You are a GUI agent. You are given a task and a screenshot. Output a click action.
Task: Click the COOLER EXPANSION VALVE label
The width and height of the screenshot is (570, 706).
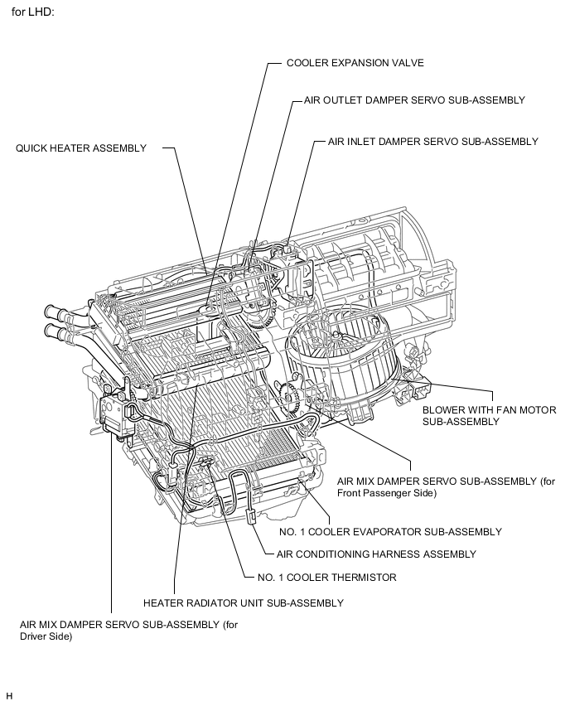344,63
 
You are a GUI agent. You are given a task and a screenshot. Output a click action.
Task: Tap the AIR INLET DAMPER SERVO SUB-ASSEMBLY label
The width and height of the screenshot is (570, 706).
432,142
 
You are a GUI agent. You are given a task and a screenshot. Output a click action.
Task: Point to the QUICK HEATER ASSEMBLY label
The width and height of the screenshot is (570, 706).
81,148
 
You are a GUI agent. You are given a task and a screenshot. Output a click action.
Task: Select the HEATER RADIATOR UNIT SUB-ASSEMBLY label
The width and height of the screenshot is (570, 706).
243,602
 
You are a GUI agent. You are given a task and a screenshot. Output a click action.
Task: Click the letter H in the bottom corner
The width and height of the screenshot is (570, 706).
9,694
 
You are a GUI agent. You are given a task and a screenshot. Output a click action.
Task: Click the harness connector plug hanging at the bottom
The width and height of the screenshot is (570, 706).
250,516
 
